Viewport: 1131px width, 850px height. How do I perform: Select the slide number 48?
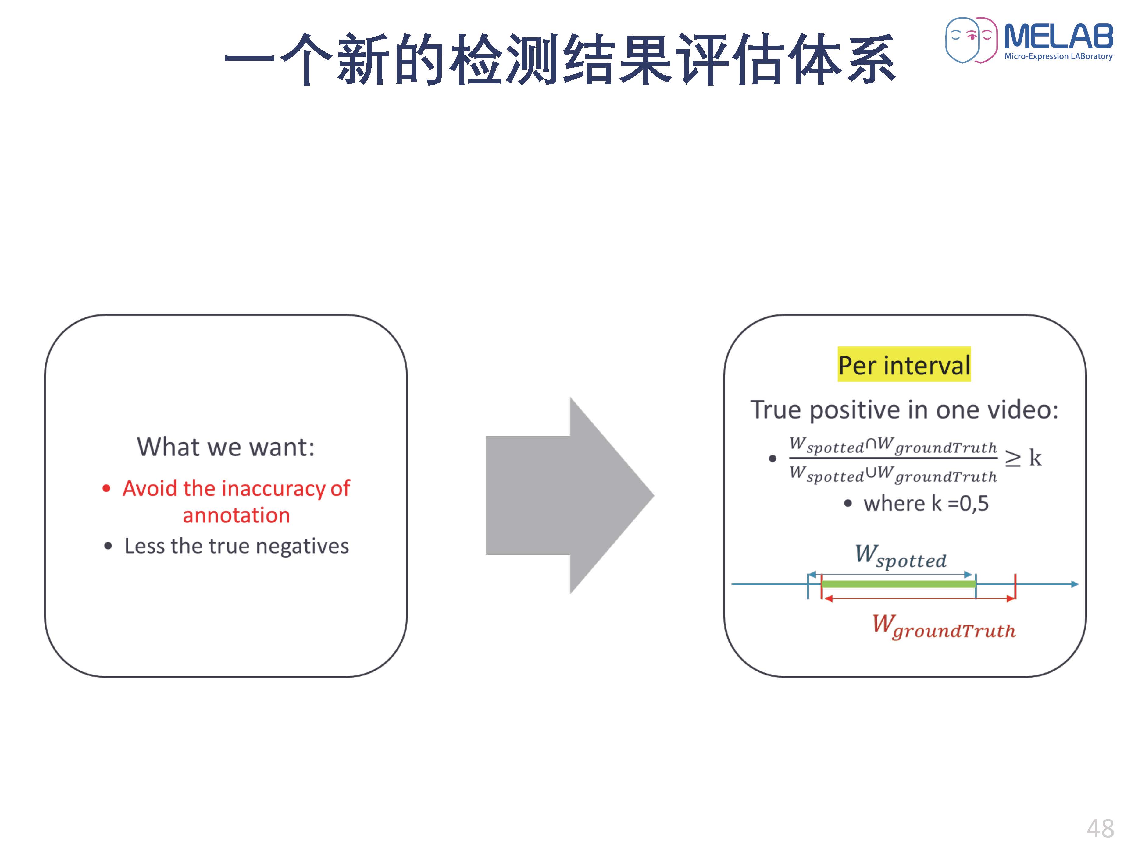pyautogui.click(x=1100, y=828)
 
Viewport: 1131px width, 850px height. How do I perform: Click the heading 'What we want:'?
pyautogui.click(x=226, y=447)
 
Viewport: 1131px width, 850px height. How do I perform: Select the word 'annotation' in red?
pyautogui.click(x=236, y=515)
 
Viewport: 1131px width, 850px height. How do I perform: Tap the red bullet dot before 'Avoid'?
pyautogui.click(x=106, y=489)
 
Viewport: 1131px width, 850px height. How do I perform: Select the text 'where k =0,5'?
pyautogui.click(x=926, y=504)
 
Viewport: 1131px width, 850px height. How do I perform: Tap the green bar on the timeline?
pyautogui.click(x=898, y=584)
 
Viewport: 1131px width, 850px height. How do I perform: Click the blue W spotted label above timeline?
pyautogui.click(x=901, y=557)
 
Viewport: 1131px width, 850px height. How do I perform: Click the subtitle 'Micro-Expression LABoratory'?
pyautogui.click(x=1058, y=56)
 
